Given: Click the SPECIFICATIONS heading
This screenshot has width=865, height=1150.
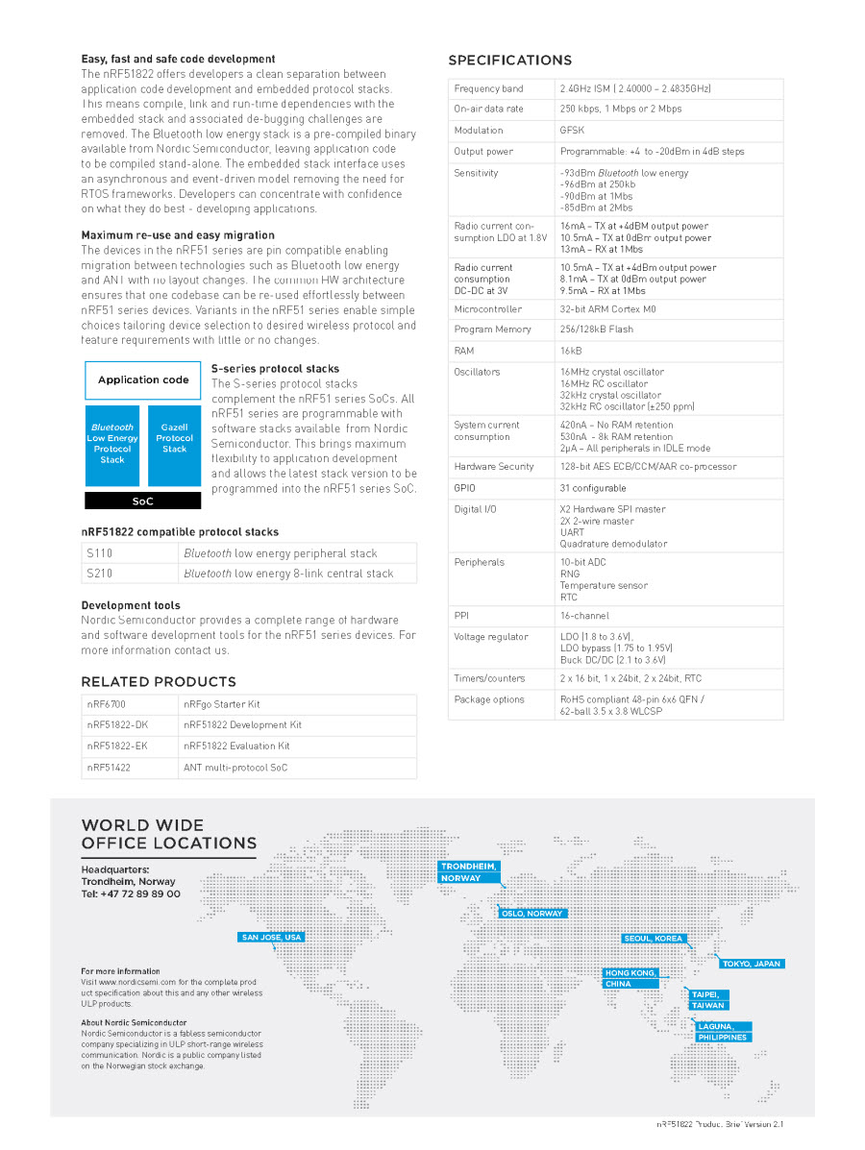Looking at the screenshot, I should click(x=509, y=61).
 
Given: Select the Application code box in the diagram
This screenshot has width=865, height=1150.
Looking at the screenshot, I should click(x=143, y=380).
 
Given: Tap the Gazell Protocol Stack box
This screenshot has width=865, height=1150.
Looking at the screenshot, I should click(x=174, y=444).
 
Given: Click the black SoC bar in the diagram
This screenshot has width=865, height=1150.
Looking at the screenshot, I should click(x=143, y=501).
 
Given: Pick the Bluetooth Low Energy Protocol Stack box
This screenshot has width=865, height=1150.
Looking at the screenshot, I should click(x=112, y=444).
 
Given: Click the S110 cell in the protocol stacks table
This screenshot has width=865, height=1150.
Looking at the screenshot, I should click(x=99, y=553).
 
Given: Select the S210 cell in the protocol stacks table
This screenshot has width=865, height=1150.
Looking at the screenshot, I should click(x=99, y=574).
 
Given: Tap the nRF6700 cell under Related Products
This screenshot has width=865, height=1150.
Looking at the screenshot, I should click(x=106, y=704).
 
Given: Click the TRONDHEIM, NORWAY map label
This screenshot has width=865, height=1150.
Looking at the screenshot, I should click(x=469, y=871).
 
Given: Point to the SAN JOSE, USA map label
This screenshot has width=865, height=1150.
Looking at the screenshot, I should click(x=272, y=938).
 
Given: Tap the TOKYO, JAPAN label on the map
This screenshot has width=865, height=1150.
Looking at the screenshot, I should click(x=752, y=964).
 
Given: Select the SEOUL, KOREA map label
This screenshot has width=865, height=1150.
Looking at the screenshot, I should click(x=654, y=939).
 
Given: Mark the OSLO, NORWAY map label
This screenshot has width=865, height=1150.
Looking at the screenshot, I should click(x=532, y=914).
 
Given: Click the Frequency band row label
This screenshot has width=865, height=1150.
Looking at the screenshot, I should click(x=488, y=88).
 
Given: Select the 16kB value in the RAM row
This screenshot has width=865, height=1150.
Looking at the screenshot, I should click(x=571, y=351).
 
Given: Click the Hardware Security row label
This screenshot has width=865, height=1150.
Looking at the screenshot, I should click(x=494, y=467).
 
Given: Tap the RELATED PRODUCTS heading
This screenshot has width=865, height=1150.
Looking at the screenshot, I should click(x=144, y=682).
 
